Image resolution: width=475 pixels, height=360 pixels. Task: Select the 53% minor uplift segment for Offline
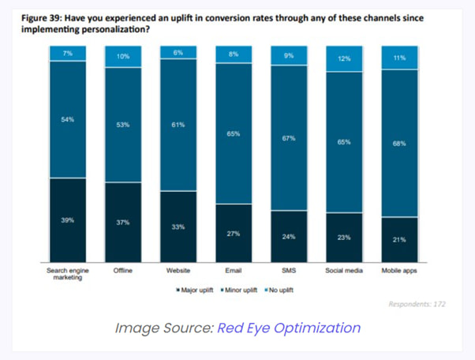(x=122, y=124)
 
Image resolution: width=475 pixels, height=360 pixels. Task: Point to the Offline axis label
(x=122, y=271)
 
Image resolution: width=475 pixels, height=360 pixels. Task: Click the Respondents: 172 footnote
(x=417, y=303)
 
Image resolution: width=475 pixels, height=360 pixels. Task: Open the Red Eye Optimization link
(x=288, y=328)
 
